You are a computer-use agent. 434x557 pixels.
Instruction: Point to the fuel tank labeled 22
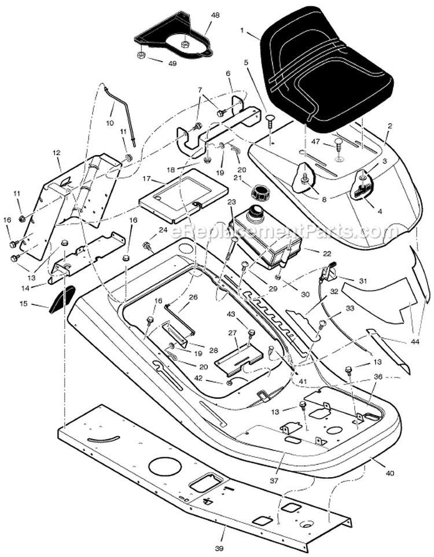coord(266,237)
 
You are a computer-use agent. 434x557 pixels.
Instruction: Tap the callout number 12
coord(56,153)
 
